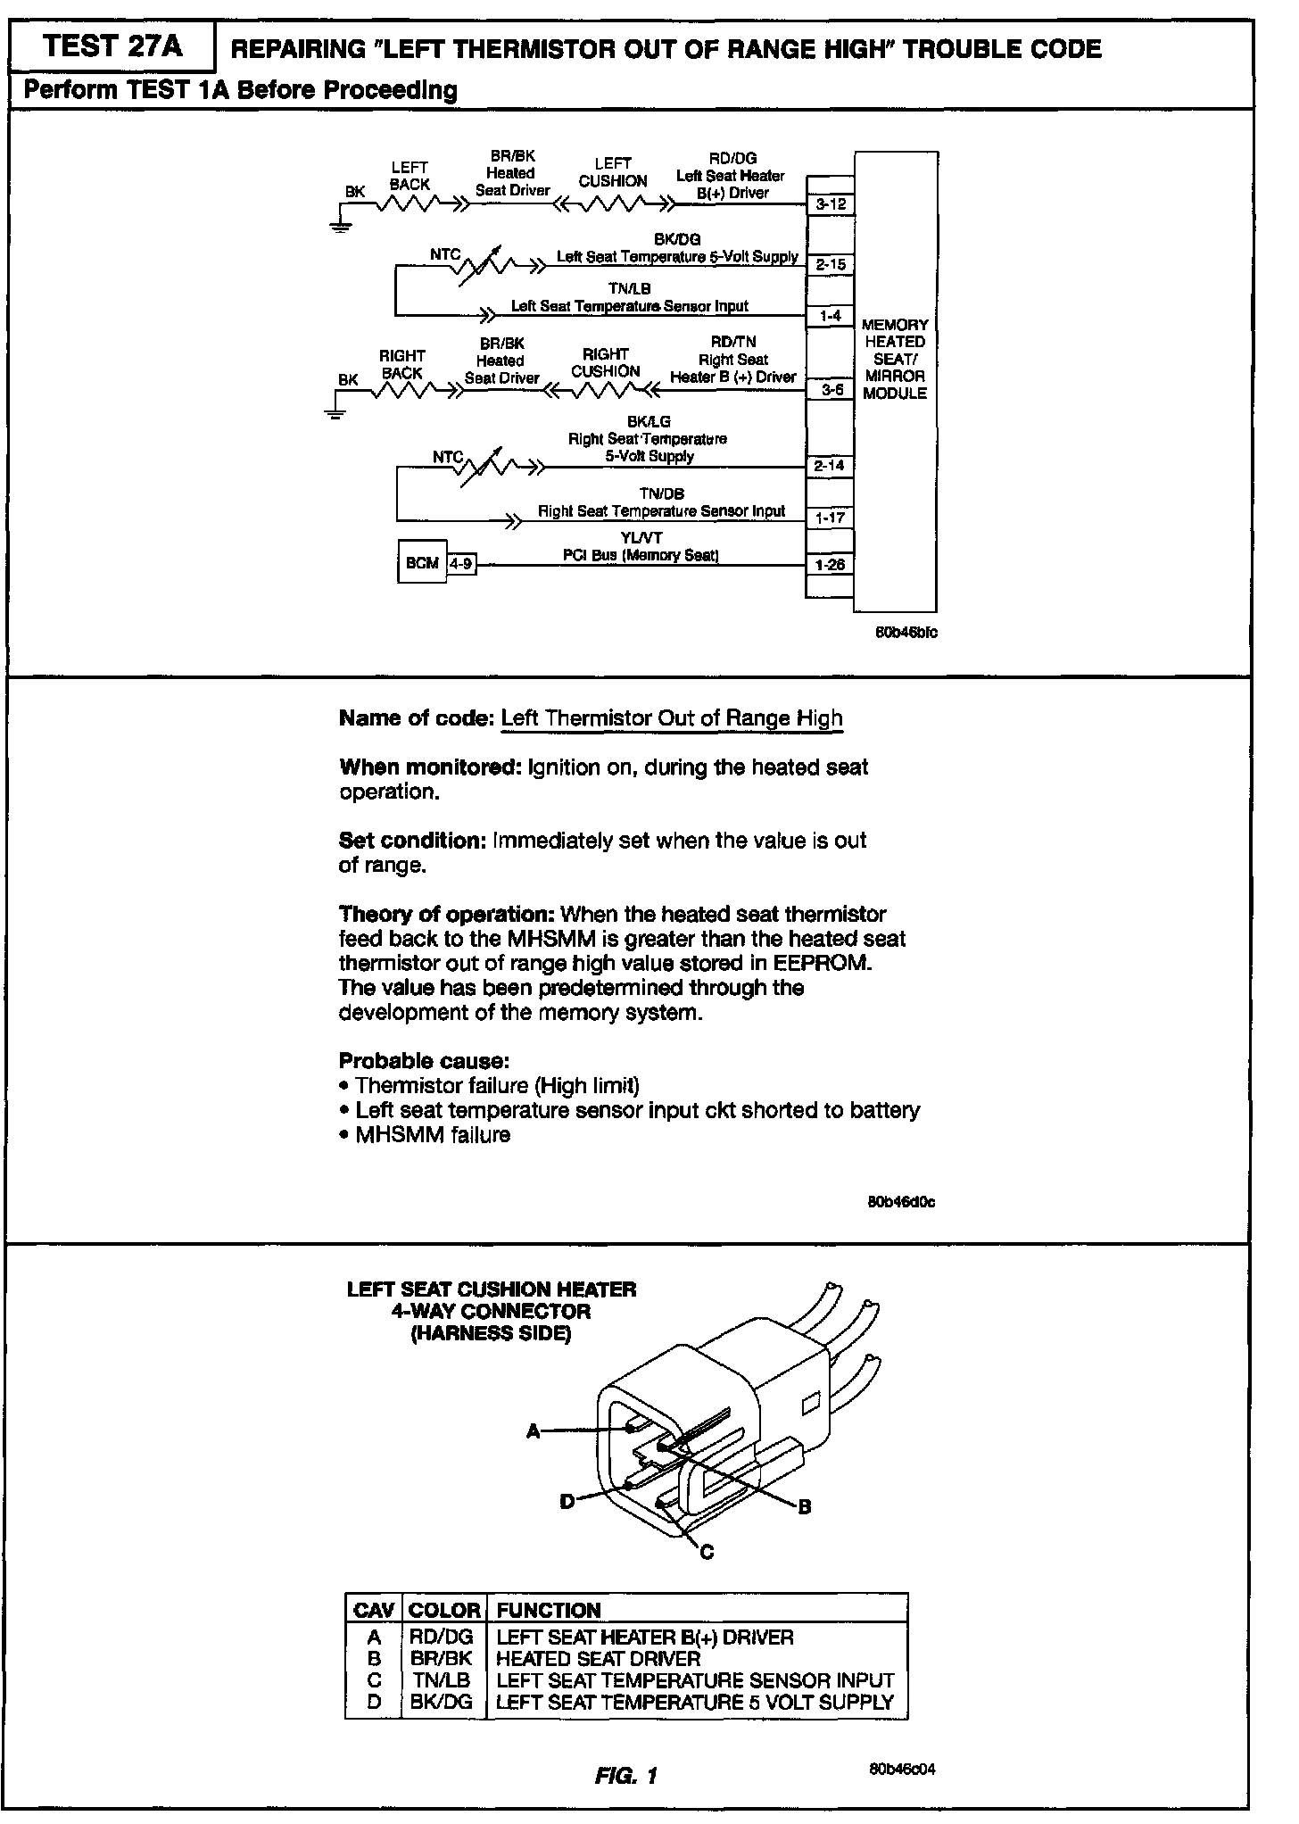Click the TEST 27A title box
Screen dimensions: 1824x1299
112,47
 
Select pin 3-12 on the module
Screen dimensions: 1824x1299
830,204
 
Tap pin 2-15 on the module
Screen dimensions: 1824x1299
830,264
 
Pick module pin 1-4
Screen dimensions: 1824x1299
830,316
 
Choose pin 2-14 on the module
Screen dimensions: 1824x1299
830,465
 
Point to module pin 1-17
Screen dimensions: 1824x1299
830,518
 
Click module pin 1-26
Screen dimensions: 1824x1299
830,565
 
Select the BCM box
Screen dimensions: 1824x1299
421,563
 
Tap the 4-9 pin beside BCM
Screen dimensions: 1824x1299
461,564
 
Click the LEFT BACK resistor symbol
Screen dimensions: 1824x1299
410,204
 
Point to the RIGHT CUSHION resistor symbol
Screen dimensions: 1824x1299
607,390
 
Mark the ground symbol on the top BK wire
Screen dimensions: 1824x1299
340,225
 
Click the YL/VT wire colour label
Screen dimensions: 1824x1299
641,537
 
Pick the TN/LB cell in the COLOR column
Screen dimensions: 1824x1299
441,1679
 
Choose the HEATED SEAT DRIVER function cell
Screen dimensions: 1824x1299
598,1658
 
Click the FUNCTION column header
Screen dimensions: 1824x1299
549,1611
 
